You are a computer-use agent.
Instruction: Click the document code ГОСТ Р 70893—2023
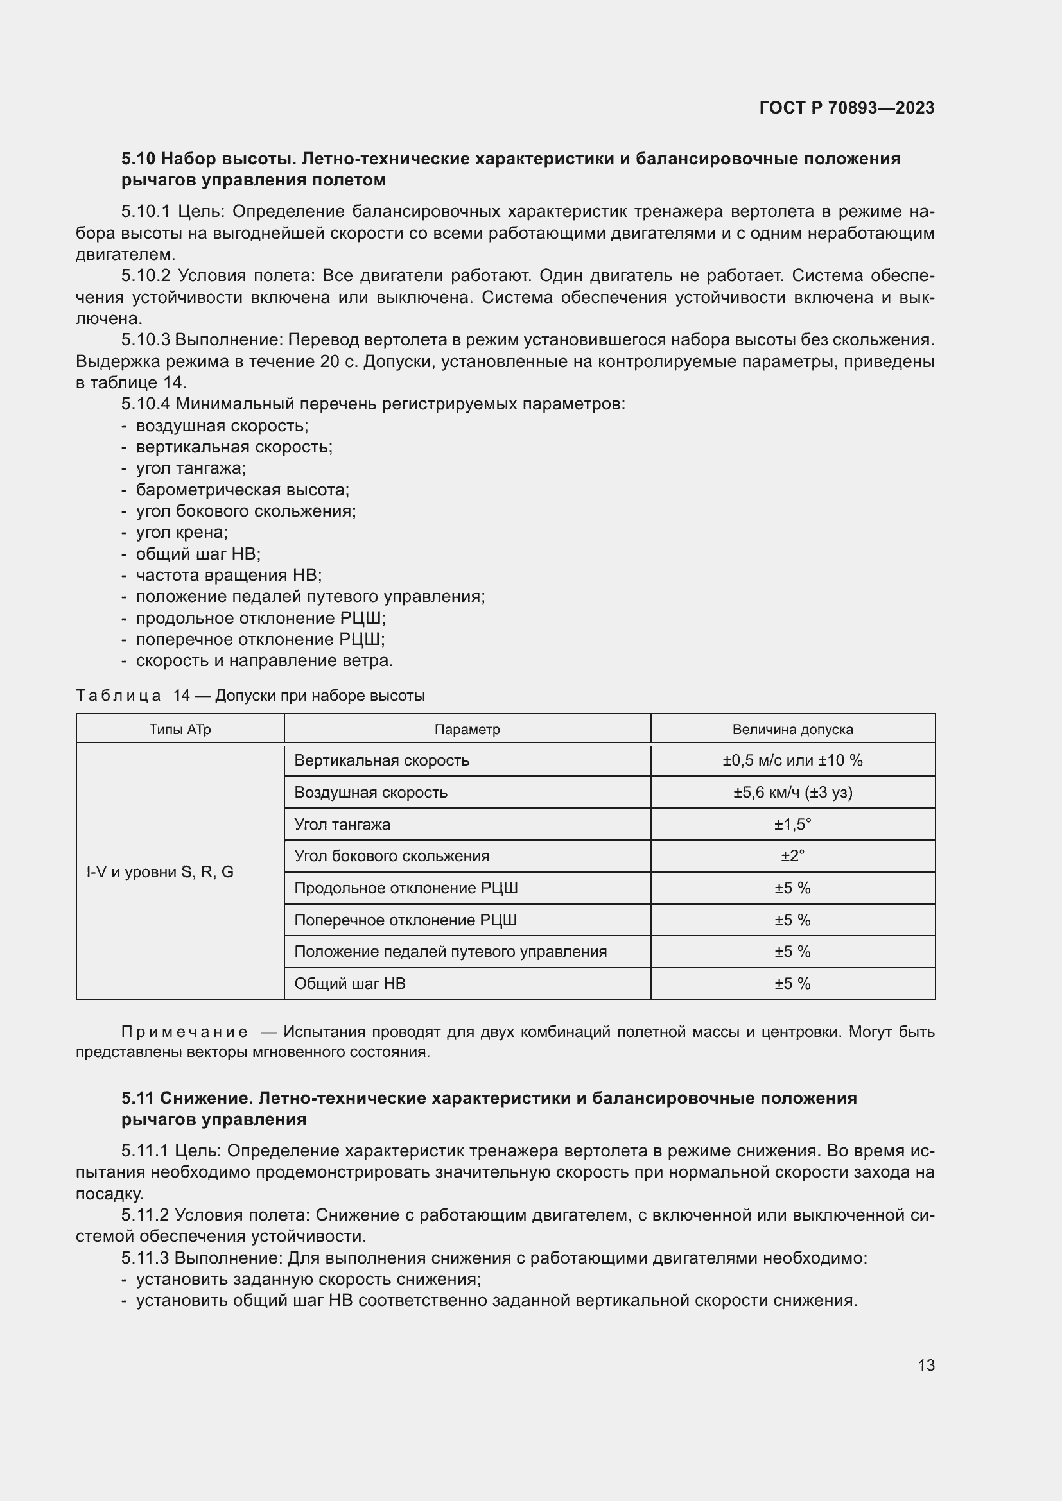(847, 108)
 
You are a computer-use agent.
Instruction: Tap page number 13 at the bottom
(926, 1365)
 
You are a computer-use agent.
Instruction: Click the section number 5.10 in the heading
(138, 159)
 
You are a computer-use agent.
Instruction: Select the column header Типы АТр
(180, 729)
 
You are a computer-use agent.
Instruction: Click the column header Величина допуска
(792, 729)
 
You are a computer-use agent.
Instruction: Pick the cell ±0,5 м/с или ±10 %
(792, 760)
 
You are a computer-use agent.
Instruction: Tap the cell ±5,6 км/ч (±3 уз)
(792, 793)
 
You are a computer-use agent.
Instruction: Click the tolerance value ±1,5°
(792, 825)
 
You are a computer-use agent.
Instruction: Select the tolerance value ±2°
(792, 856)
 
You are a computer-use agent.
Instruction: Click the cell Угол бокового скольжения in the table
(392, 856)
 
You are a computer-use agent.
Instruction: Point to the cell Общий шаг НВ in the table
(350, 983)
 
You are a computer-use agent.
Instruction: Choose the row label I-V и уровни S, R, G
(161, 872)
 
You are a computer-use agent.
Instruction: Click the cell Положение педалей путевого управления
(450, 951)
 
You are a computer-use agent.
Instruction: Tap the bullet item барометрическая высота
(242, 490)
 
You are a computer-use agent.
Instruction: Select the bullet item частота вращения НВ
(228, 575)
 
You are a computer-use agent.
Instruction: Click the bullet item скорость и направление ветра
(264, 660)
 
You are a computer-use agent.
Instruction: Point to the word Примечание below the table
(184, 1032)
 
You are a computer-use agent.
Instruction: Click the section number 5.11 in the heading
(137, 1097)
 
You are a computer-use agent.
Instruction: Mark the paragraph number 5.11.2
(145, 1215)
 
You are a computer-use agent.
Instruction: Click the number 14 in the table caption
(181, 696)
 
